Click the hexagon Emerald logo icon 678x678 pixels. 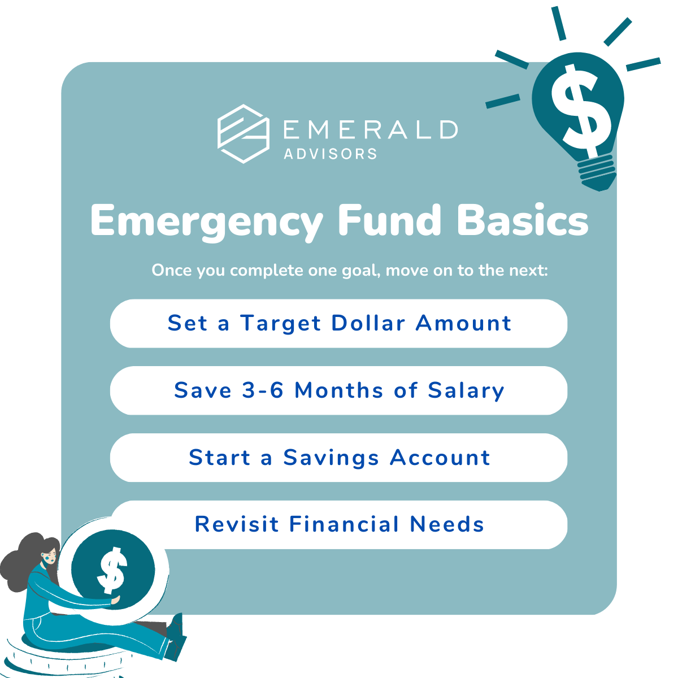coord(244,134)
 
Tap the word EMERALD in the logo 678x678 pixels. coord(371,129)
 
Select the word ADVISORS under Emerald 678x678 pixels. coord(331,154)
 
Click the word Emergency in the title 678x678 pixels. coord(207,221)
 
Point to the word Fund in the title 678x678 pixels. coord(389,220)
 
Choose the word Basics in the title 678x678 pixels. coord(523,220)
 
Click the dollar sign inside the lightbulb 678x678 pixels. coord(581,110)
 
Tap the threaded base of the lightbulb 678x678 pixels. coord(597,172)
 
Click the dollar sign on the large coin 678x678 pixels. coord(112,571)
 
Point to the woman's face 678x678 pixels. coord(49,557)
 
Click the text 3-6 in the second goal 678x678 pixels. coord(263,390)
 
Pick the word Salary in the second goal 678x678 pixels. coord(466,391)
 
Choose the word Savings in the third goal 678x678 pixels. coord(331,458)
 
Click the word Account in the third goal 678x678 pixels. coord(440,458)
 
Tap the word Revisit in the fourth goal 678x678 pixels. coord(236,524)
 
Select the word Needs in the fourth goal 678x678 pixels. coord(447,524)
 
